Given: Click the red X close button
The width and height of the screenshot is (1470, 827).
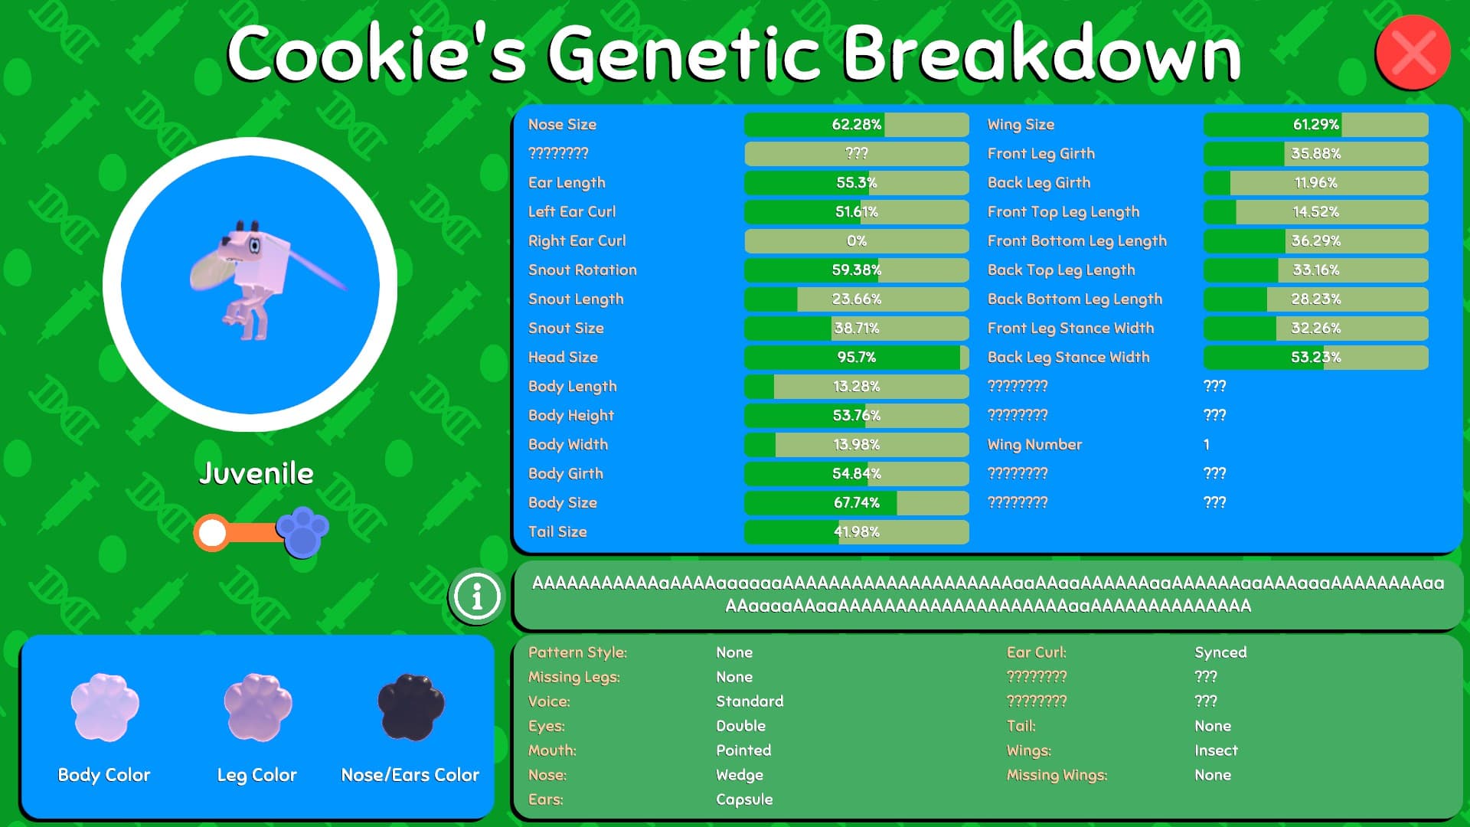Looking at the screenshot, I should pos(1413,52).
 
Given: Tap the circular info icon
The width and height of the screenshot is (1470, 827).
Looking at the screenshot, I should pos(476,596).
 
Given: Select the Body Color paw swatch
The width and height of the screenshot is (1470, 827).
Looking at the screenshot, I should pos(104,707).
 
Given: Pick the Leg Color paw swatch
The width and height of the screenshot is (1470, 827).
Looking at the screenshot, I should pos(257,707).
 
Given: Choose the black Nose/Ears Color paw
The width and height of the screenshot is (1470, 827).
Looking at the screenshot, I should pos(410,707).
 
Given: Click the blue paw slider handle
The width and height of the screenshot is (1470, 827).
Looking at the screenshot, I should pos(302,531).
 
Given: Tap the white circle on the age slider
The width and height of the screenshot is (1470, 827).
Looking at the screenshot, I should pos(212,532).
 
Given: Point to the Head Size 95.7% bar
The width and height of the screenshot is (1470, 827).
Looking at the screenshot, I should pos(856,358).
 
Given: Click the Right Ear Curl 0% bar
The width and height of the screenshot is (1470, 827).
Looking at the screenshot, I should pos(856,241).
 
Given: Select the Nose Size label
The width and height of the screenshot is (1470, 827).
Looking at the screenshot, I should pos(562,125).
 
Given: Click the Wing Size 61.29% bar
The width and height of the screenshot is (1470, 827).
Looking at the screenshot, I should pos(1315,125).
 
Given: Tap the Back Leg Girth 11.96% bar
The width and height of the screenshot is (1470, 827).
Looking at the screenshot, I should pos(1315,183).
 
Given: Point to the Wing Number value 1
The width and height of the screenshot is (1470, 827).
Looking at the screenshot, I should pos(1207,445).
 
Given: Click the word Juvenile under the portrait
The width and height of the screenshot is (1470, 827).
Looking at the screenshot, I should pos(256,473).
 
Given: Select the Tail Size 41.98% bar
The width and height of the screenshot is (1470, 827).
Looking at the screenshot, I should pos(856,532).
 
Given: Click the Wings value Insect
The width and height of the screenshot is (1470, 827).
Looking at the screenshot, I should pos(1216,750).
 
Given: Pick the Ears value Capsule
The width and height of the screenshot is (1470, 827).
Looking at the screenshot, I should pos(744,799).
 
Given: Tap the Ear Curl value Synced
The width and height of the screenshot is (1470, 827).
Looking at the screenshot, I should pos(1220,652).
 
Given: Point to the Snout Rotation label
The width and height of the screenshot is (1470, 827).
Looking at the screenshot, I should pos(582,270).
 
